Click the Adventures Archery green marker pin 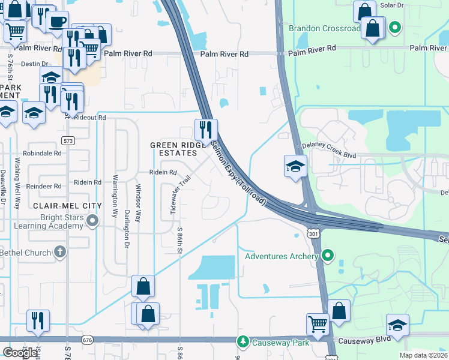click(327, 256)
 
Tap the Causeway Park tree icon click(243, 342)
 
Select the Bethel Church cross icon click(59, 253)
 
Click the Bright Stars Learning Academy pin click(92, 222)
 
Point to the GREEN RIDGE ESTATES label click(173, 149)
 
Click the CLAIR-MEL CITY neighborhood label click(58, 205)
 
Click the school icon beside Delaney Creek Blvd click(295, 166)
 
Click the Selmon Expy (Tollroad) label click(238, 173)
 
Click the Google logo click(20, 352)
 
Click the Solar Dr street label click(392, 5)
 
